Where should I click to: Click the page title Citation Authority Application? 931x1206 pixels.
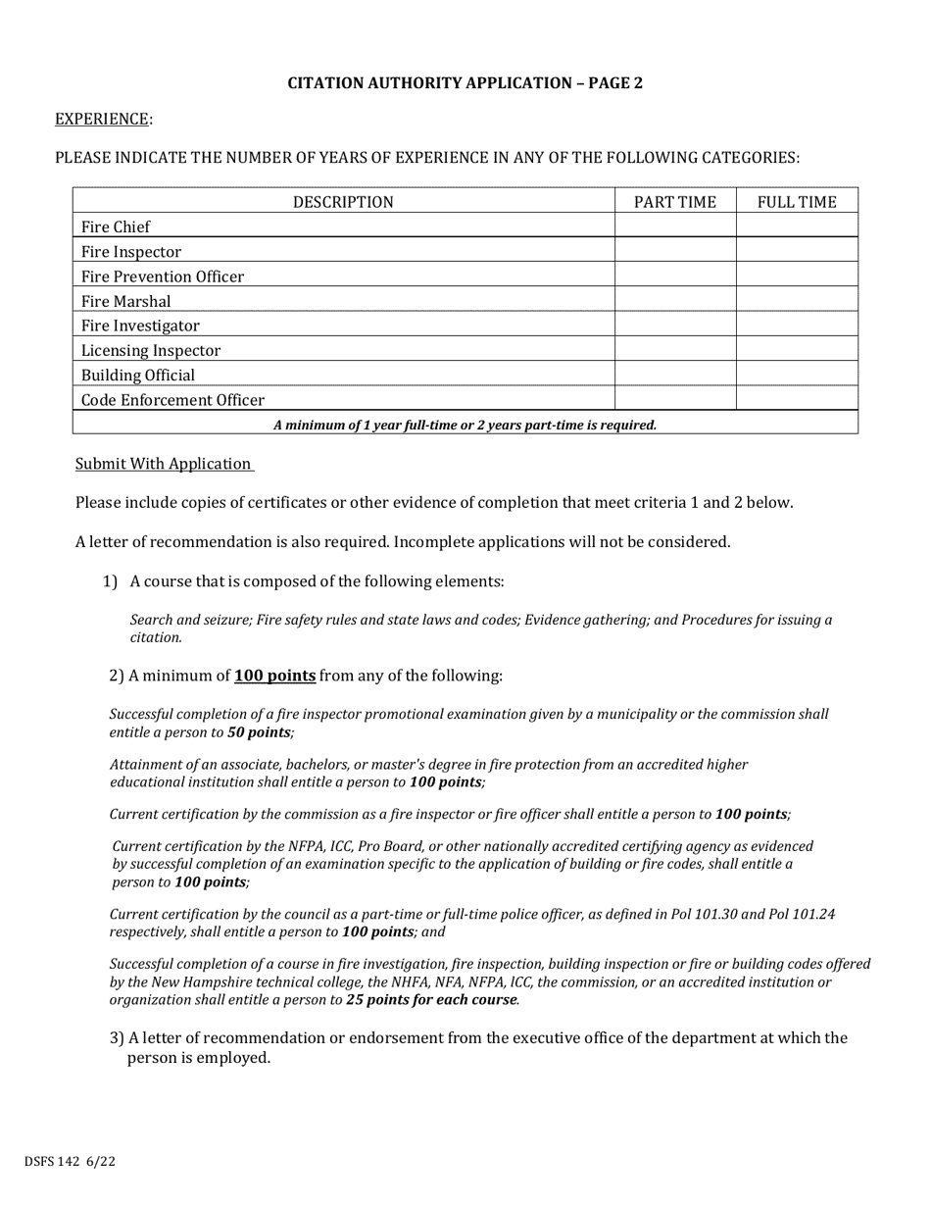[x=465, y=83]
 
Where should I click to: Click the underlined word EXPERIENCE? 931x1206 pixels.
[x=102, y=119]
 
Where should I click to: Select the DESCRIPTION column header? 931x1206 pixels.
[x=343, y=202]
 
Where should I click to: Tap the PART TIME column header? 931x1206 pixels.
[x=675, y=202]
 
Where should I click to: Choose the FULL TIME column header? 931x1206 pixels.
[x=797, y=202]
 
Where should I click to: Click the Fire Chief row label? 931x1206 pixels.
[x=116, y=226]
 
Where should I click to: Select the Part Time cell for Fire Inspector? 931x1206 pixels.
[x=675, y=252]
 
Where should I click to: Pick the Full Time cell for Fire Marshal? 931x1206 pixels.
[x=797, y=301]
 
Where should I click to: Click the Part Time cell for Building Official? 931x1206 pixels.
[x=675, y=375]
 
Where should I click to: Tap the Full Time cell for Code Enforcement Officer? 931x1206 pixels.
[x=797, y=399]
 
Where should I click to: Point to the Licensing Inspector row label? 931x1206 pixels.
[x=151, y=350]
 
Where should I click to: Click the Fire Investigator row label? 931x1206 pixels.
[x=140, y=326]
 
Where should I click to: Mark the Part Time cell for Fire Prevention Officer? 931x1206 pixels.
[x=675, y=276]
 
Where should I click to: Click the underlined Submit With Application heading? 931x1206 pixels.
[x=164, y=464]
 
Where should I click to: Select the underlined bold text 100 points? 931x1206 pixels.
[x=274, y=676]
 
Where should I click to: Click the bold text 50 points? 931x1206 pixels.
[x=259, y=732]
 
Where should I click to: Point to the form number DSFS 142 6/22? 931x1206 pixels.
[x=71, y=1162]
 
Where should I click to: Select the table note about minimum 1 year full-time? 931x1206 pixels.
[x=465, y=425]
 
